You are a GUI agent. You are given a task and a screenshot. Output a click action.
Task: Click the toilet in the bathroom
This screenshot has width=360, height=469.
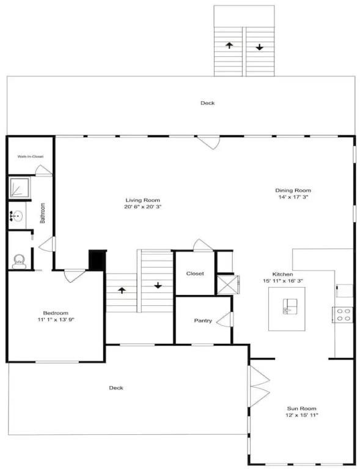[x=19, y=261]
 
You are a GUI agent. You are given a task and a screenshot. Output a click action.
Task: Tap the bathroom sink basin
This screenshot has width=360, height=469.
[x=17, y=216]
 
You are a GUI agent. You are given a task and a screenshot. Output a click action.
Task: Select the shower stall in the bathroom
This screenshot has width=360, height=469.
[x=20, y=187]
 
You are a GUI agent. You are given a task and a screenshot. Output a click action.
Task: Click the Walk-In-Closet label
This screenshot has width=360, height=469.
[x=30, y=156]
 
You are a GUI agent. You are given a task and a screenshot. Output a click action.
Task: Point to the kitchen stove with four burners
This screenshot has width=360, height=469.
[x=342, y=314]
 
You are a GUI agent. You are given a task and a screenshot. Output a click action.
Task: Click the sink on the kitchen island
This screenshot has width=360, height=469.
[x=290, y=307]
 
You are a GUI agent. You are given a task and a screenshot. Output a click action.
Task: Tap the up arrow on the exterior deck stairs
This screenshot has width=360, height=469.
[x=229, y=45]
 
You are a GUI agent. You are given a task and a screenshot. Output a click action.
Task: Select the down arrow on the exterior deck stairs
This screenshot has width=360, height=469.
[x=259, y=47]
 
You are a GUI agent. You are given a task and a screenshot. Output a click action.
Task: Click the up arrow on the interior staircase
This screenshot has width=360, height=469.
[x=122, y=290]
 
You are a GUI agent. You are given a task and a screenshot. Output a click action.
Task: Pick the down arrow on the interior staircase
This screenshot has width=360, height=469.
[x=158, y=285]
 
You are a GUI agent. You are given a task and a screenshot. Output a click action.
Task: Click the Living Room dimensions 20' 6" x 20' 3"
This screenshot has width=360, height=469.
[x=143, y=206]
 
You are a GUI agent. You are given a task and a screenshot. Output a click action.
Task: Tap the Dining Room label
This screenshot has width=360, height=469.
[x=293, y=191]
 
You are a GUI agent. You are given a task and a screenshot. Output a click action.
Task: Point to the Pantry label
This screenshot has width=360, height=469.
[x=203, y=321]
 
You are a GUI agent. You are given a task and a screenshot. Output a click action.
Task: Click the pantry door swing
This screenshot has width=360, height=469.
[x=224, y=319]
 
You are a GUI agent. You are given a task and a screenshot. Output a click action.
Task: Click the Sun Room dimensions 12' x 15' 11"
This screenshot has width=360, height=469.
[x=302, y=415]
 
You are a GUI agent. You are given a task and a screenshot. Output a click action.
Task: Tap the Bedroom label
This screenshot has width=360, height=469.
[x=56, y=313]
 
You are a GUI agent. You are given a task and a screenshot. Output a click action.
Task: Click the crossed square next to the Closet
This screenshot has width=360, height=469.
[x=227, y=285]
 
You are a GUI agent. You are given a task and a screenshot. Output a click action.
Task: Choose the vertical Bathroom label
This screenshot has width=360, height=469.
[x=43, y=213]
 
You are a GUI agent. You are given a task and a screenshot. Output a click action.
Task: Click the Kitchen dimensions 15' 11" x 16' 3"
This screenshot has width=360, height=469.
[x=283, y=281]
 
